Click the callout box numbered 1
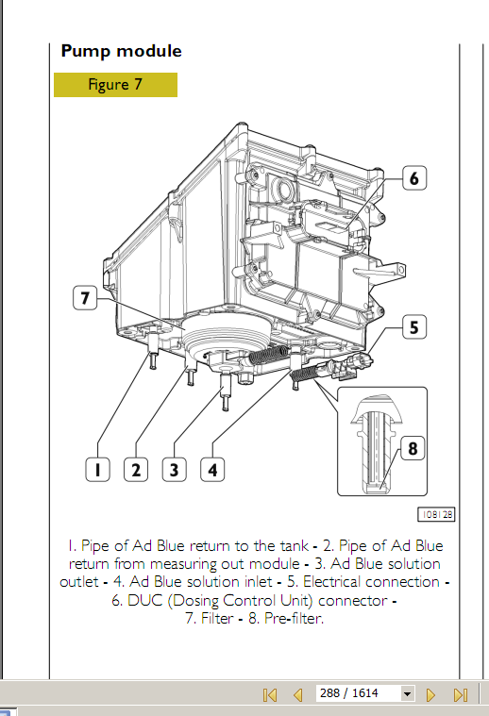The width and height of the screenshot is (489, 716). pyautogui.click(x=97, y=470)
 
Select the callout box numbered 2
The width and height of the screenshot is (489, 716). pyautogui.click(x=136, y=470)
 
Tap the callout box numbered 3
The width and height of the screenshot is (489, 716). pyautogui.click(x=174, y=470)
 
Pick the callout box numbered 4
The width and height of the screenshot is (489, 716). pyautogui.click(x=212, y=470)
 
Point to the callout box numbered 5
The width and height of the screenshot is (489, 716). pyautogui.click(x=414, y=327)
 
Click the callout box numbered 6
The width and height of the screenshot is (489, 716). pyautogui.click(x=414, y=178)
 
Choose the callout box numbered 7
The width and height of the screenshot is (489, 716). pyautogui.click(x=85, y=298)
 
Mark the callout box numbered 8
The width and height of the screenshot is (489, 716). pyautogui.click(x=413, y=448)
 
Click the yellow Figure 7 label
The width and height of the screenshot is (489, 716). pyautogui.click(x=115, y=85)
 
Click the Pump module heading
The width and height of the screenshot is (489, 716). pyautogui.click(x=121, y=51)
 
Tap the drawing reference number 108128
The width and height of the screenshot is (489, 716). pyautogui.click(x=436, y=514)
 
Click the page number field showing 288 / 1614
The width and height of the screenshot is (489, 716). pyautogui.click(x=359, y=693)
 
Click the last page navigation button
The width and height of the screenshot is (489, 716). pyautogui.click(x=461, y=694)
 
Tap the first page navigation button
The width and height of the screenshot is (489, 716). pyautogui.click(x=270, y=694)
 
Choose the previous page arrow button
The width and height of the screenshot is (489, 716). pyautogui.click(x=298, y=694)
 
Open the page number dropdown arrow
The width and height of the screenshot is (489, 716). pyautogui.click(x=407, y=693)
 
